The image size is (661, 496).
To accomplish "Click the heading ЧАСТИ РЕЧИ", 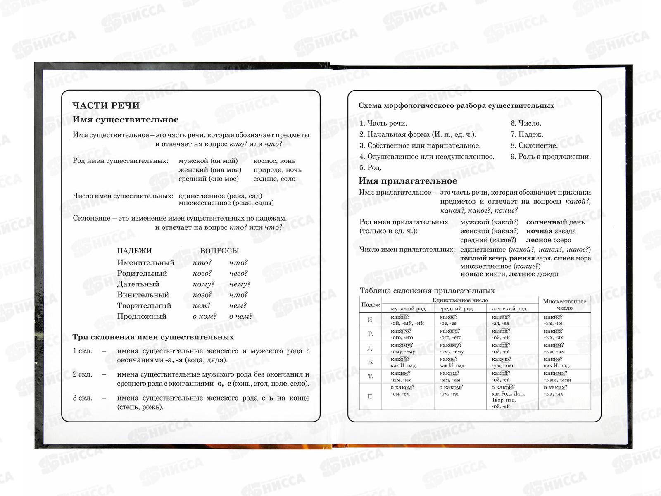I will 106,105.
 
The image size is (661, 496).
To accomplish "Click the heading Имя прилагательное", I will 407,181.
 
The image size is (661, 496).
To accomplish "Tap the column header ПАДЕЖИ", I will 134,251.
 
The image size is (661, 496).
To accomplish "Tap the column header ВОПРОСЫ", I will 219,251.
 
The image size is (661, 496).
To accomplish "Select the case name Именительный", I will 145,262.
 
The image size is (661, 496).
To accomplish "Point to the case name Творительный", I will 144,305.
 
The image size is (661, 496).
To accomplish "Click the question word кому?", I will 204,284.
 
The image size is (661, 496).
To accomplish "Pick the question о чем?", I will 240,316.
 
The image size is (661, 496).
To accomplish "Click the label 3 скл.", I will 82,398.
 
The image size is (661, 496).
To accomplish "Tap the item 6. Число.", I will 525,123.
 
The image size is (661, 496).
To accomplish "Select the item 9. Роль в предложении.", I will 550,157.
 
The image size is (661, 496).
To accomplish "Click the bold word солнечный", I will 546,222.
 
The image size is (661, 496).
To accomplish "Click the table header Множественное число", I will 564,304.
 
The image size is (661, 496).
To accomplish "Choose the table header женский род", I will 509,308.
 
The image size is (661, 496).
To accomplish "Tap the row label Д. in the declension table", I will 370,348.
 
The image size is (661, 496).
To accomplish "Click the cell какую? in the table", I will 501,359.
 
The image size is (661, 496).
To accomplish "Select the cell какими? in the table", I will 555,373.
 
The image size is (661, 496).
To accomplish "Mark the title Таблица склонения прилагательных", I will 427,291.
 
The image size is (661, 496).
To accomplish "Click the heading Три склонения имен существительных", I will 153,337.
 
